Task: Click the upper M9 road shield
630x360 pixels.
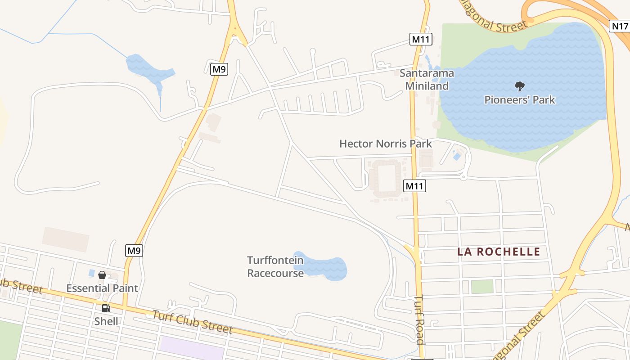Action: (x=219, y=69)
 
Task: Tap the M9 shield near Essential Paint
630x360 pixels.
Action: (x=134, y=251)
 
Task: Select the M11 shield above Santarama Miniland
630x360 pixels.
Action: (x=421, y=39)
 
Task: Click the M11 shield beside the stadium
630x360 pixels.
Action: (x=414, y=185)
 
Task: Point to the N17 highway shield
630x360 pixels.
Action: (x=620, y=26)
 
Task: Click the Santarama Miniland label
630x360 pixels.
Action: (x=427, y=79)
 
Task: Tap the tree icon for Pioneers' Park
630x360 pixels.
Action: (x=520, y=86)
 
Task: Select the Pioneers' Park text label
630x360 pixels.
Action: (x=520, y=100)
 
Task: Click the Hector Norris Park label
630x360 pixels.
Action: (x=385, y=144)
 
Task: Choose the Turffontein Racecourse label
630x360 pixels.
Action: (x=275, y=266)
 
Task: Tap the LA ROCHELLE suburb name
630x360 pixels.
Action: (x=499, y=252)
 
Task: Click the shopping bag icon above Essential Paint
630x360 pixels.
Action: (x=102, y=274)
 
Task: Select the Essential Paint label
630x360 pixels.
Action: (x=102, y=288)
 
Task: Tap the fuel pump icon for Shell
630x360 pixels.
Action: (x=106, y=308)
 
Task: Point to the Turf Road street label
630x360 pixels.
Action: (x=419, y=319)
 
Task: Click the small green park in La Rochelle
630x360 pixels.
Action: (x=482, y=286)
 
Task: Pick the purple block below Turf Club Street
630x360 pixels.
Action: (x=191, y=348)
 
